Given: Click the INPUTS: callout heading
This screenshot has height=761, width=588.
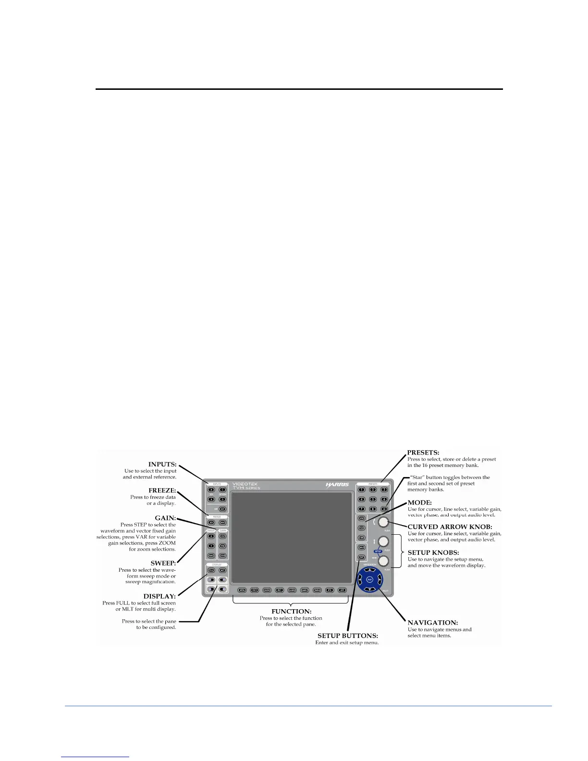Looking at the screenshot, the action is point(162,465).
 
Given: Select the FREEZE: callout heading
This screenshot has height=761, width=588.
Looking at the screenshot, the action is point(162,491).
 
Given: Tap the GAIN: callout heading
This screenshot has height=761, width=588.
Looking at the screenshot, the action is point(166,518).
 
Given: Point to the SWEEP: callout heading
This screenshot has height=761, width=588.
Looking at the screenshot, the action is point(163,563).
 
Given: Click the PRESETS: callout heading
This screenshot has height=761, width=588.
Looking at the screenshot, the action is point(423,453).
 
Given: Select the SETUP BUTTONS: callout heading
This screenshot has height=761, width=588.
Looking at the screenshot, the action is point(347,636).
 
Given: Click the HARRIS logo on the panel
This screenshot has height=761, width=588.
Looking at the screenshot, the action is point(337,485).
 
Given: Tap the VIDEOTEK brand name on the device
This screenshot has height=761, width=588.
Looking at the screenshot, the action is point(245,484).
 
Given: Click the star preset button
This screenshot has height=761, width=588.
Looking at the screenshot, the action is point(384,509).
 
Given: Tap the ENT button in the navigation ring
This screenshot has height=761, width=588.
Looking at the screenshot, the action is point(369,580).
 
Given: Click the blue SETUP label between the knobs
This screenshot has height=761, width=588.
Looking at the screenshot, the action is point(378,552).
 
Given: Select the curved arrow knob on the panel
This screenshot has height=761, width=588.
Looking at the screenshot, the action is point(383,522).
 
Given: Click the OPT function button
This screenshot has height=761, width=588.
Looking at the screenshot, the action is point(342,590).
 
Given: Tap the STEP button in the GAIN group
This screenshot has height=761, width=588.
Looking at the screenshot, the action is point(222,536).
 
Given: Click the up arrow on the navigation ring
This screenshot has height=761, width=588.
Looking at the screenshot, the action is point(369,570).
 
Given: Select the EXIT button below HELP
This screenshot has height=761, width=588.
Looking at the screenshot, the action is point(362,557).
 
